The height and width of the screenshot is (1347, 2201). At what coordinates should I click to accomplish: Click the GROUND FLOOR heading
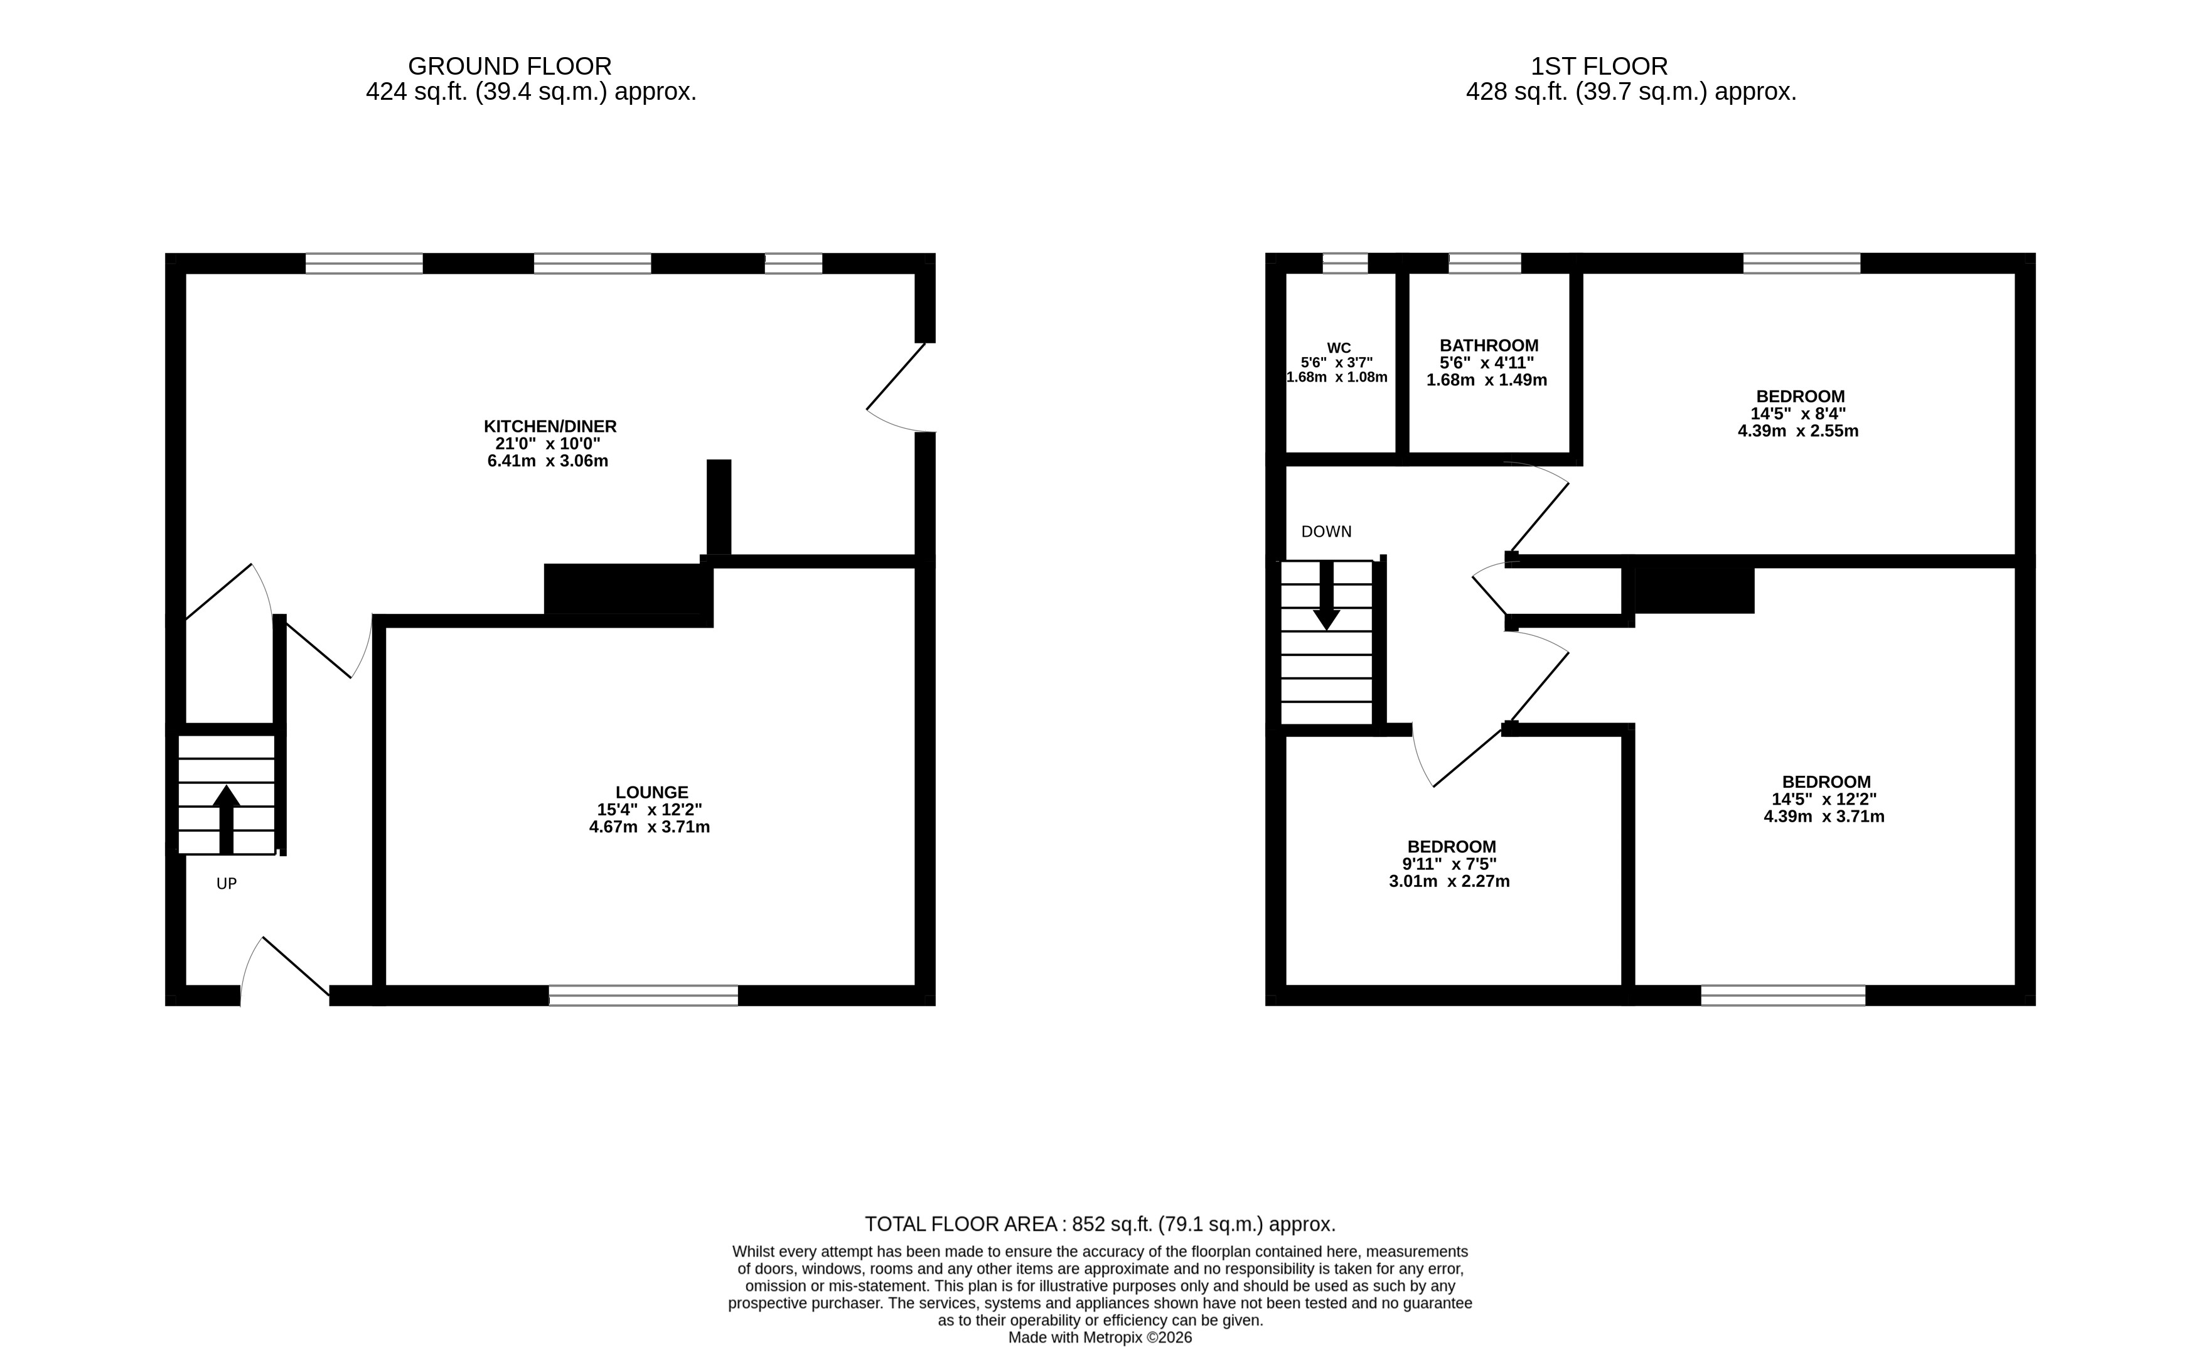click(x=509, y=66)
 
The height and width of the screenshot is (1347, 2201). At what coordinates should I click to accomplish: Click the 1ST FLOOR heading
click(x=1599, y=66)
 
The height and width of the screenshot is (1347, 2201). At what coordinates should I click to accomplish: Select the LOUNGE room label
click(x=651, y=792)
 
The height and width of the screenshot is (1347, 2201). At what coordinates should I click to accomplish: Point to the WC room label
click(x=1338, y=348)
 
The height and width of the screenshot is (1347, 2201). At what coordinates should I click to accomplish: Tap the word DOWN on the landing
click(x=1325, y=532)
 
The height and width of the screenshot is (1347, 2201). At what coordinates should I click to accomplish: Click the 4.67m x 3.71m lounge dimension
click(x=650, y=827)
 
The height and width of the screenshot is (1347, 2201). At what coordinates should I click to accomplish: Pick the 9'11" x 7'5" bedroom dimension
click(x=1449, y=864)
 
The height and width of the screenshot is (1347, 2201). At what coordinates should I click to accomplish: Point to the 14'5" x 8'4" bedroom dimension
click(x=1797, y=414)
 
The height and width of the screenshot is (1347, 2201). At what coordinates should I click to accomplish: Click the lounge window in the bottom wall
click(x=643, y=995)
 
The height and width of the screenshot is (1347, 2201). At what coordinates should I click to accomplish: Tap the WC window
click(x=1344, y=262)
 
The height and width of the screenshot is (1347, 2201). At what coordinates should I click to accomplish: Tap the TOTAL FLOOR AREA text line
click(x=1100, y=1224)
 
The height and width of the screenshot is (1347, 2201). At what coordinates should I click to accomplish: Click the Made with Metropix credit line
click(x=1100, y=1337)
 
